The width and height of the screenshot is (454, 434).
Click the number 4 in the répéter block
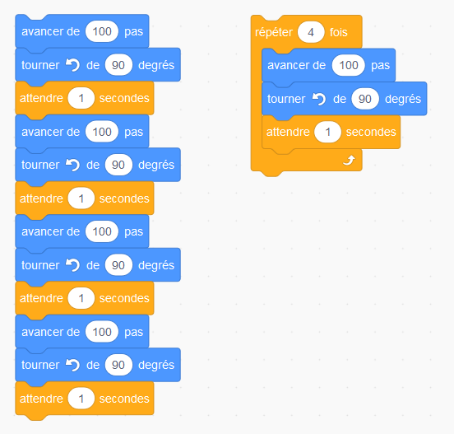(311, 32)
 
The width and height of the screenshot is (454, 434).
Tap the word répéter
(274, 32)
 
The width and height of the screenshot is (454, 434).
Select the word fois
(339, 32)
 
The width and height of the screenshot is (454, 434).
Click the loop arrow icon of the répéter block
(349, 160)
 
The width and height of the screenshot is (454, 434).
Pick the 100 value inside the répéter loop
(349, 65)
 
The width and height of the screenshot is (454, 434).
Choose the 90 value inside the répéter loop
(365, 99)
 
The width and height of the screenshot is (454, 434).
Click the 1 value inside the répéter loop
(327, 133)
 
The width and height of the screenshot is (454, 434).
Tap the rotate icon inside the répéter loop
(319, 99)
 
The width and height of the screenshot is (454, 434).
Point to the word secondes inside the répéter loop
(371, 133)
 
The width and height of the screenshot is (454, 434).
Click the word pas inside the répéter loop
(380, 66)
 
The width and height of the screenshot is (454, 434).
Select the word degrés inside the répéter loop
(403, 99)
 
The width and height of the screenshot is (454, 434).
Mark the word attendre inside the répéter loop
(288, 133)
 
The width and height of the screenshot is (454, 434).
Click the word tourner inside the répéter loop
(286, 99)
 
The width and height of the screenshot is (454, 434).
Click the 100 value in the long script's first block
(102, 31)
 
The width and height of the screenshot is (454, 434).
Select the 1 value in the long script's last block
(81, 399)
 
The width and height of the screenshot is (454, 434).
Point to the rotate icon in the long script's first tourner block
(72, 65)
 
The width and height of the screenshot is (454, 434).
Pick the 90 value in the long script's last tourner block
(118, 365)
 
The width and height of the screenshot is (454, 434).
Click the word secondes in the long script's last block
(124, 399)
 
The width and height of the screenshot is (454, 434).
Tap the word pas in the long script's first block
(133, 32)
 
